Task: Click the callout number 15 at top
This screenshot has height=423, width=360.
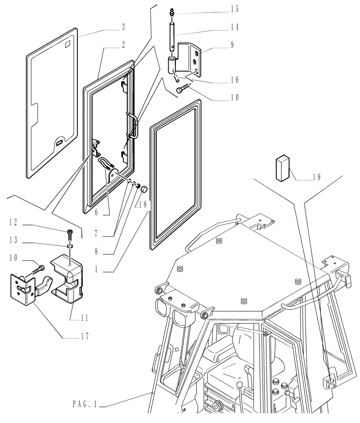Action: pyautogui.click(x=235, y=9)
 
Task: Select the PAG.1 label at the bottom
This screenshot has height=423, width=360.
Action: pyautogui.click(x=85, y=405)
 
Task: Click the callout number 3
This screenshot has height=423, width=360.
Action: pyautogui.click(x=123, y=27)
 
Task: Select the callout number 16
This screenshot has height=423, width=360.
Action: pyautogui.click(x=235, y=80)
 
